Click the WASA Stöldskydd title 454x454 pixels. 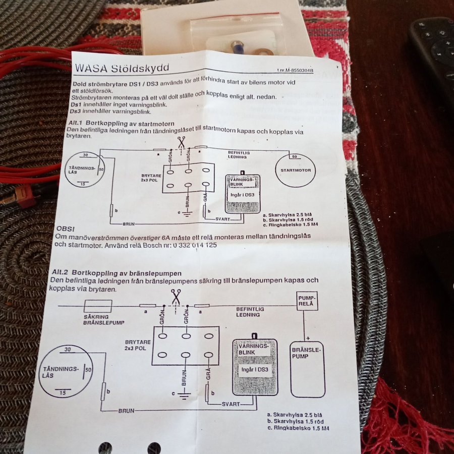(x=122, y=68)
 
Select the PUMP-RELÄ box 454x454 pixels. (x=307, y=302)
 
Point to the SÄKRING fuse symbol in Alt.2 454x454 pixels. (x=97, y=305)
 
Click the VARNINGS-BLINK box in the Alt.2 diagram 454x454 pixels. (x=255, y=367)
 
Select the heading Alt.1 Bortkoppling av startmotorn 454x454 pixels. (x=122, y=124)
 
